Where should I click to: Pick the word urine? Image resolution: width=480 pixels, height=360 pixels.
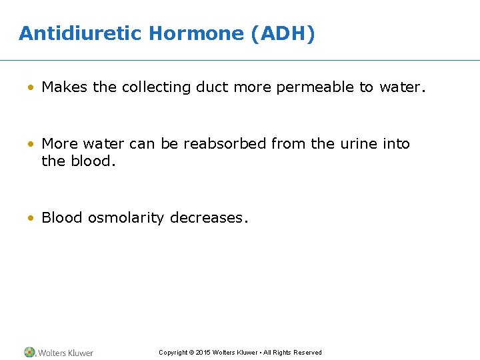pos(361,143)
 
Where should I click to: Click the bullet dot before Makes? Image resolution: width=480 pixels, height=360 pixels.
pos(31,87)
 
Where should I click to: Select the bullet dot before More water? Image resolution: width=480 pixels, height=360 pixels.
pos(31,144)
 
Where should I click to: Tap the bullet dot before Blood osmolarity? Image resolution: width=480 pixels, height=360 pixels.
pos(31,218)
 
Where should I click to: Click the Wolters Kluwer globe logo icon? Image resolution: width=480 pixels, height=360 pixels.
pos(30,352)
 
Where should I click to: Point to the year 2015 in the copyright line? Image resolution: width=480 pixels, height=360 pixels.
pos(205,353)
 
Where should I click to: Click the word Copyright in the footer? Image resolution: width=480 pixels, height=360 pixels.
pos(173,353)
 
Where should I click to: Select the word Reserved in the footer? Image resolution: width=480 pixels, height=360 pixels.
pos(307,353)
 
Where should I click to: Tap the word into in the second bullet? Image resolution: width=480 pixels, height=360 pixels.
pos(397,143)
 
